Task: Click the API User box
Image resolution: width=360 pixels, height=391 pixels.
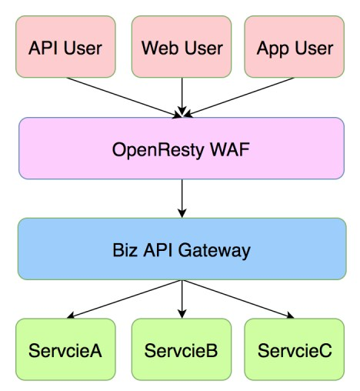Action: pos(65,46)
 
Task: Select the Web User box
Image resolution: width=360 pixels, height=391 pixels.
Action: pos(182,46)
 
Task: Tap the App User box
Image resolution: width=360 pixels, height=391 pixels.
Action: pos(295,46)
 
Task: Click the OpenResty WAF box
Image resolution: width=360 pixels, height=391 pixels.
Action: pos(182,149)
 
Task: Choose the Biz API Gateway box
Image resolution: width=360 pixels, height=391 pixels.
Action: pos(182,249)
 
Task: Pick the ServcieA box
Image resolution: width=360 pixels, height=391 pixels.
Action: pos(65,349)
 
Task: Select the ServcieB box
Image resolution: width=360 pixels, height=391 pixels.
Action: pos(182,349)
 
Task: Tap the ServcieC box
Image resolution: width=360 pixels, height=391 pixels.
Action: pos(295,349)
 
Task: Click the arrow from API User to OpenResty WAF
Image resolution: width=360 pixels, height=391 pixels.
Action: pos(124,98)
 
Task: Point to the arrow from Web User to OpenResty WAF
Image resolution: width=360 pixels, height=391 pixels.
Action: pos(182,97)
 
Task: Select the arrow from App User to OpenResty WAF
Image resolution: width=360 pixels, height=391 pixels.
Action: pos(239,97)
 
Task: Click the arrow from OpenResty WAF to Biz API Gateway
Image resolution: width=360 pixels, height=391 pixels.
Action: pos(182,199)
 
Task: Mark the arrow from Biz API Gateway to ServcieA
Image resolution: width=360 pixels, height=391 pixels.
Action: pos(125,299)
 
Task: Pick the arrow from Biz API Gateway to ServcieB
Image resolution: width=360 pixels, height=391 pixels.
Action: pos(182,299)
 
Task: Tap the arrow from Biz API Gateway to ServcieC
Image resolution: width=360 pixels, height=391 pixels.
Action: pos(238,299)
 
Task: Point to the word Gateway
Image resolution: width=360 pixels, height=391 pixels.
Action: pos(214,251)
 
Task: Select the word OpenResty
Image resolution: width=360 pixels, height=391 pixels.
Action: pos(158,150)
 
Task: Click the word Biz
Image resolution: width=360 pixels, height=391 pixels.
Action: pos(125,250)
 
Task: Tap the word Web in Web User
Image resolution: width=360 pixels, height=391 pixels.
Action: pos(159,48)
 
